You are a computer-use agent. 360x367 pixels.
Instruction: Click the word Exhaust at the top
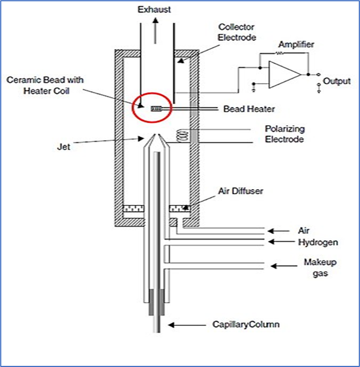pos(155,9)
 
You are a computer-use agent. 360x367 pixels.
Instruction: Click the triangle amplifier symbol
pos(283,74)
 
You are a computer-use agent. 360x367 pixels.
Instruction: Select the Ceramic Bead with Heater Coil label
pos(45,85)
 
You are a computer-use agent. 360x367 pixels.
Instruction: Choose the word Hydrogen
pos(318,242)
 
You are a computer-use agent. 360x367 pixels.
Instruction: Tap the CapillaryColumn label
pos(246,325)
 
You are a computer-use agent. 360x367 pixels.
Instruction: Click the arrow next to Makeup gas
pos(279,265)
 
